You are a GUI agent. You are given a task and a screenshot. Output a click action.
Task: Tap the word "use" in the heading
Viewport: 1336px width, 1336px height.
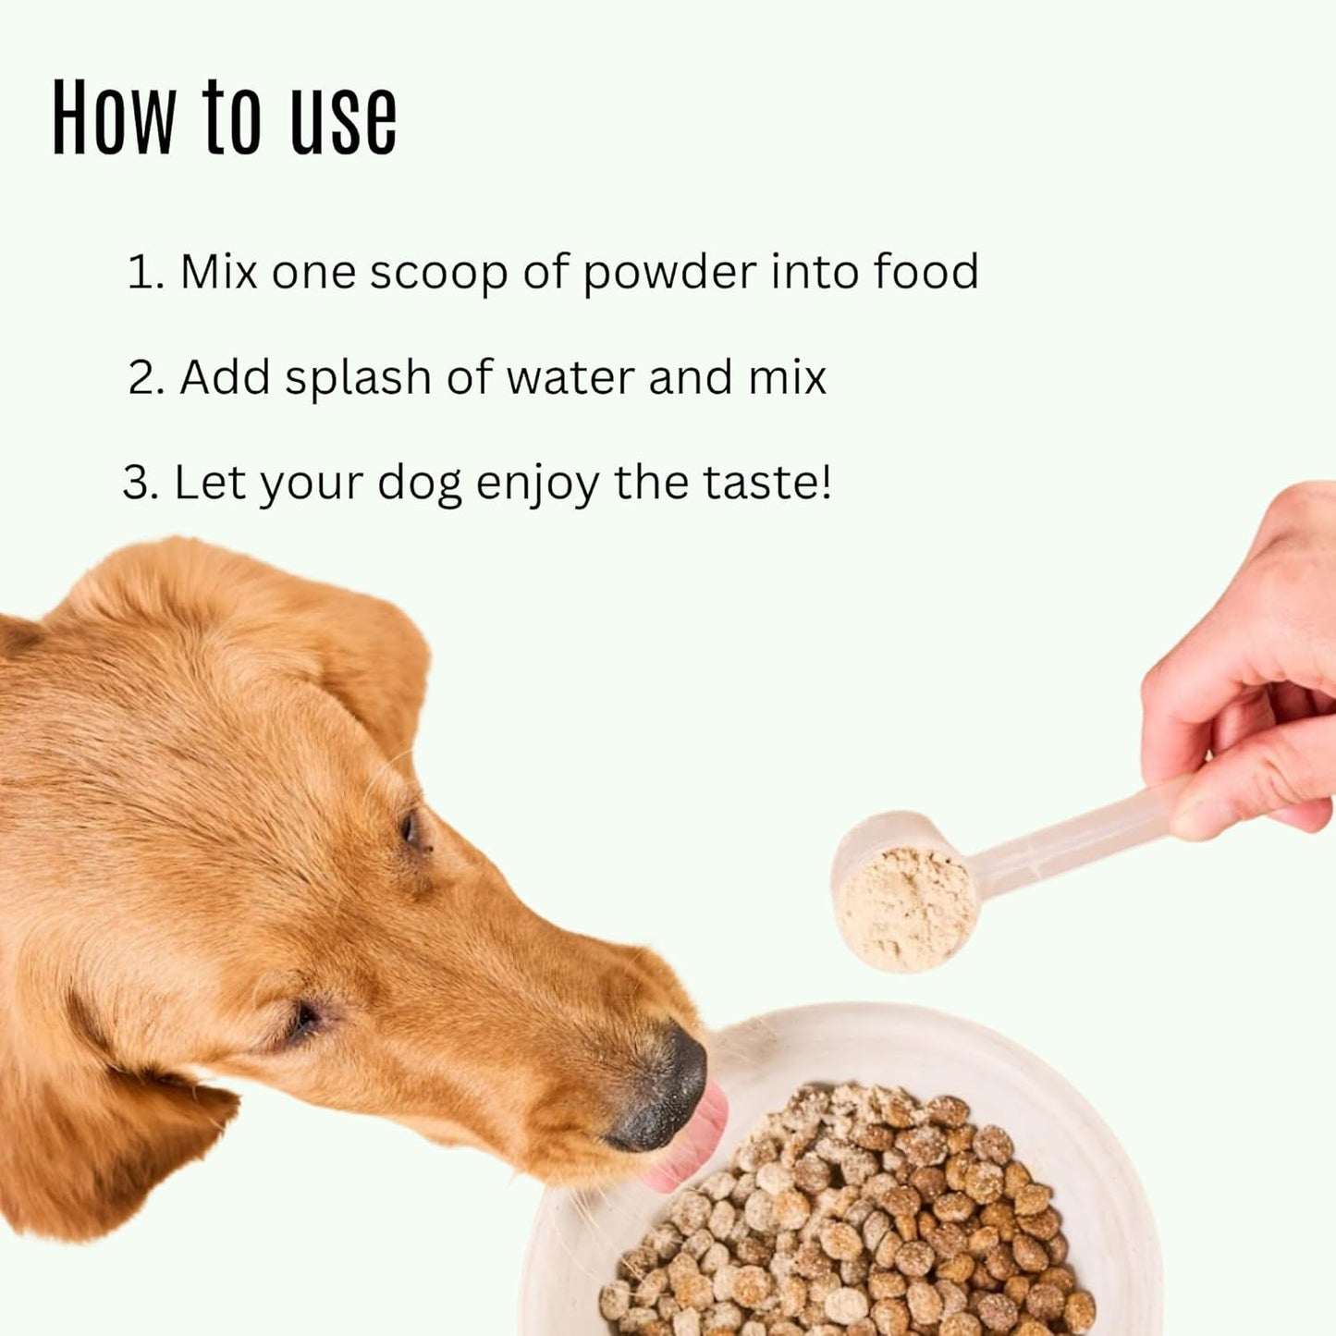tap(344, 120)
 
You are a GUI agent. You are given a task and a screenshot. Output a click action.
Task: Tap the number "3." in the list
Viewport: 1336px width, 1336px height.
tap(141, 483)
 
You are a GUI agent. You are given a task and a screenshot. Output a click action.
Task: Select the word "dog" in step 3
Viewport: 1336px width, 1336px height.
tap(419, 485)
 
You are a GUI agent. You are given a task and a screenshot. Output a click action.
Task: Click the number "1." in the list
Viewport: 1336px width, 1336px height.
tap(145, 273)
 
